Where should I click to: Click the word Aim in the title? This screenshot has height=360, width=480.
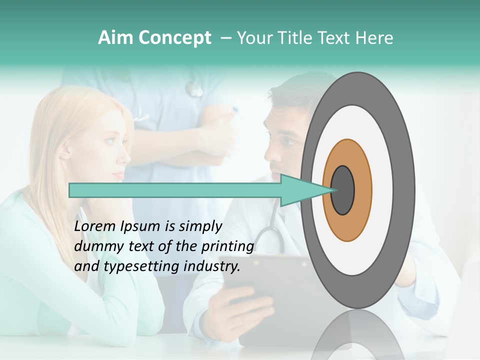(115, 38)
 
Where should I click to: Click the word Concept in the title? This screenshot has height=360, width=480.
(175, 38)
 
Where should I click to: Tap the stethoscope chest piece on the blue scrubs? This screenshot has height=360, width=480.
(194, 90)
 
